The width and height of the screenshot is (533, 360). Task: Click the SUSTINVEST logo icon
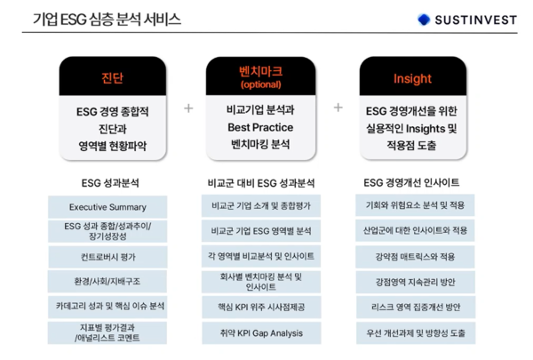click(x=424, y=19)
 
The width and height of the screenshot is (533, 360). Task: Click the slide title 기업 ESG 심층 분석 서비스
click(x=107, y=19)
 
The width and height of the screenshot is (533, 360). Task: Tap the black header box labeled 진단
click(x=112, y=78)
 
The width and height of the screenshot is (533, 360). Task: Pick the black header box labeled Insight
click(x=411, y=78)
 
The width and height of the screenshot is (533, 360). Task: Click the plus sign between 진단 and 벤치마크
click(x=188, y=108)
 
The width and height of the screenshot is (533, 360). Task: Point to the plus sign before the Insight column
click(x=338, y=108)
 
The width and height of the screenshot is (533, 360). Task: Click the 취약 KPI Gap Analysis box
click(x=261, y=333)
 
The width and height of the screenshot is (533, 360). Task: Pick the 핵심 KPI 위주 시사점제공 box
click(x=261, y=307)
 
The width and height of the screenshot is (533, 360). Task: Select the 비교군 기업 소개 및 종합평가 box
click(x=261, y=205)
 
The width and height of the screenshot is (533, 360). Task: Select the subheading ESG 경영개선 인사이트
click(x=411, y=183)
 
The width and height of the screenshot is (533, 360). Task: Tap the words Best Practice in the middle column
click(x=260, y=126)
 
